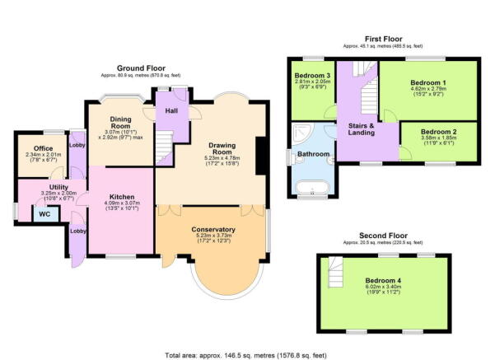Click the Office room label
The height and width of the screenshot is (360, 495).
38,149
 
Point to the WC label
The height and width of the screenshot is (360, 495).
42,213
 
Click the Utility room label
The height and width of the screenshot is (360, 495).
46,188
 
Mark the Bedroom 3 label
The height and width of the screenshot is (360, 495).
312,77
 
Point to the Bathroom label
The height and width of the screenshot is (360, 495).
313,154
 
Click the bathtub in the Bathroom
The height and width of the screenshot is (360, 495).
312,185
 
